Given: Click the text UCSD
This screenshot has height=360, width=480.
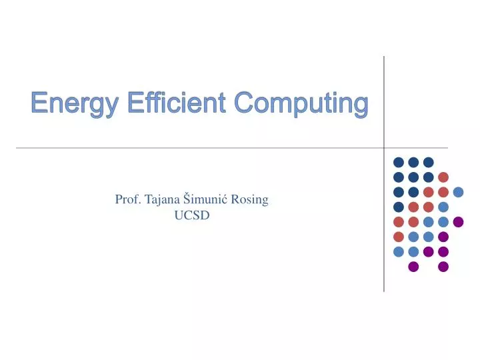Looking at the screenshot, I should point(192,215).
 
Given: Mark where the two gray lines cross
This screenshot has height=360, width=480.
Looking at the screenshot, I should point(384,147).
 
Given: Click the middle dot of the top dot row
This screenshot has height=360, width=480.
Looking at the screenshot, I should point(413,162).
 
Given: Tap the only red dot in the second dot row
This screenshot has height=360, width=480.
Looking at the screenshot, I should point(443,177).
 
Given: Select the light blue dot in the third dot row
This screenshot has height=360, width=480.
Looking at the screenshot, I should point(458,192).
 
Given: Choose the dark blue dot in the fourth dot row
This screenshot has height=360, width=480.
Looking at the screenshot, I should point(399,207).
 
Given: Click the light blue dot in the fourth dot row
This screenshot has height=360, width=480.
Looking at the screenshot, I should point(443,207).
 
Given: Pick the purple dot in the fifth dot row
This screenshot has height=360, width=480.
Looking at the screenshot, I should point(458,222).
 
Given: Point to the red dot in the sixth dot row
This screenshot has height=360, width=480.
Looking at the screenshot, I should point(399,237).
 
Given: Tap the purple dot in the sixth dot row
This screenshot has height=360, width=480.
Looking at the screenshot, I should point(443,237).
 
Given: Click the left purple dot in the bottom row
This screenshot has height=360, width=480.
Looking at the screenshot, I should point(413,267).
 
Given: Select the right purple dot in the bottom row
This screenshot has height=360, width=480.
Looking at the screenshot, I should point(443,267).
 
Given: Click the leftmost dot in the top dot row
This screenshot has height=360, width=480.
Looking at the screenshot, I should point(399,162).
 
